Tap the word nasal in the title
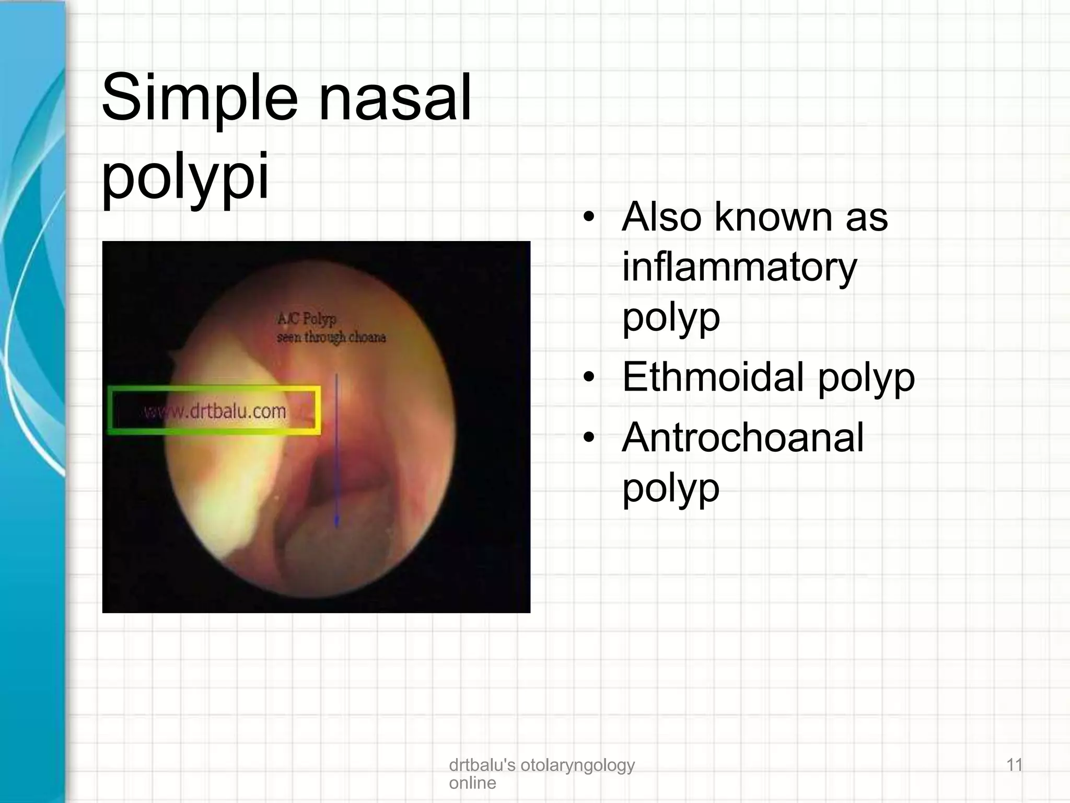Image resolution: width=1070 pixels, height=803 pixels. pyautogui.click(x=394, y=97)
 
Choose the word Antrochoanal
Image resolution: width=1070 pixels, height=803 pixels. pyautogui.click(x=742, y=438)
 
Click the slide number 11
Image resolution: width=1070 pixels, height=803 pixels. pyautogui.click(x=1014, y=765)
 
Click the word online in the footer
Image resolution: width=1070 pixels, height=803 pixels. pyautogui.click(x=472, y=783)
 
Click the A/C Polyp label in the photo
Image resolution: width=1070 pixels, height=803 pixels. pyautogui.click(x=307, y=318)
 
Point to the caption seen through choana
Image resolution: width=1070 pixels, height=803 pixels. pyautogui.click(x=331, y=337)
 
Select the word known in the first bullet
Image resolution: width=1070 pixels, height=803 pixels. pyautogui.click(x=773, y=216)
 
